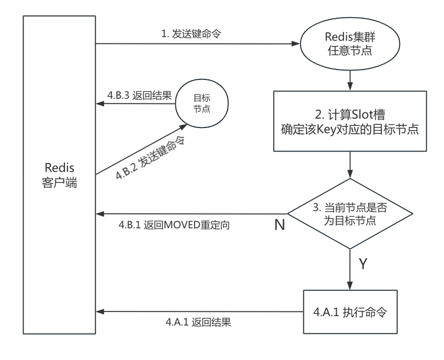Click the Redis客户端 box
(59, 175)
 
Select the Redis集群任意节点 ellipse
(349, 45)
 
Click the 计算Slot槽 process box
(349, 120)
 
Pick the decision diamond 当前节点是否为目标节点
(349, 214)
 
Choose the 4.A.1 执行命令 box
(349, 311)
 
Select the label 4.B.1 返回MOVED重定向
(172, 227)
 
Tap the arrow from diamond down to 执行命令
(349, 269)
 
